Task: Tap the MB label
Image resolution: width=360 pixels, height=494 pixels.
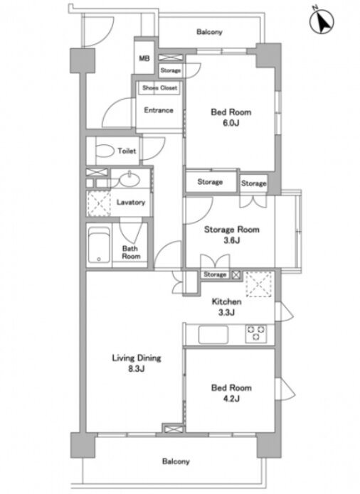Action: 144,58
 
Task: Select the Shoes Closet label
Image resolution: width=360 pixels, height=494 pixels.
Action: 159,87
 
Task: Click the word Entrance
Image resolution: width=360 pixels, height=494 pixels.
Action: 159,110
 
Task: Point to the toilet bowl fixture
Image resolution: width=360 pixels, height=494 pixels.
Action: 105,151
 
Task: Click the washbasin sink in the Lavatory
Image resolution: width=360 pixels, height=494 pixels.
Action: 129,181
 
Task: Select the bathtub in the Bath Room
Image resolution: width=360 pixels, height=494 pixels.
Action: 99,245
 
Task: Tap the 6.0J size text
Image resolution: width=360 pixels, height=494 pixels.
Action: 231,123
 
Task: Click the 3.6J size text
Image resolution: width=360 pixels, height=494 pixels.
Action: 232,240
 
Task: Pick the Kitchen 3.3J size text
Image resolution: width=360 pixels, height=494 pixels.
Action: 226,313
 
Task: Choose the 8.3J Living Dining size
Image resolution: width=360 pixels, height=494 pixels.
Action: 137,369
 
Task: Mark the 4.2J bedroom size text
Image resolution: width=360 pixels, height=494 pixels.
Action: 231,399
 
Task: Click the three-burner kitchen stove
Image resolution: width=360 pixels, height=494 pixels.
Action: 256,333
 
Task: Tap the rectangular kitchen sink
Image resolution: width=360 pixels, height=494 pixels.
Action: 213,334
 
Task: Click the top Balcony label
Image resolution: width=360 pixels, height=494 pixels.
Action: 209,32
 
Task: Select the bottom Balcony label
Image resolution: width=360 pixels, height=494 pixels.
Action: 176,461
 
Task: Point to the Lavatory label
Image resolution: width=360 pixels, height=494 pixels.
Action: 131,203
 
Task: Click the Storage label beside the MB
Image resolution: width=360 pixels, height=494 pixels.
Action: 171,70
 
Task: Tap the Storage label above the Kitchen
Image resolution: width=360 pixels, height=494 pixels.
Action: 215,274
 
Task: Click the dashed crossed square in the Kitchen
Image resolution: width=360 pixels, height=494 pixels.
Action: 258,284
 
